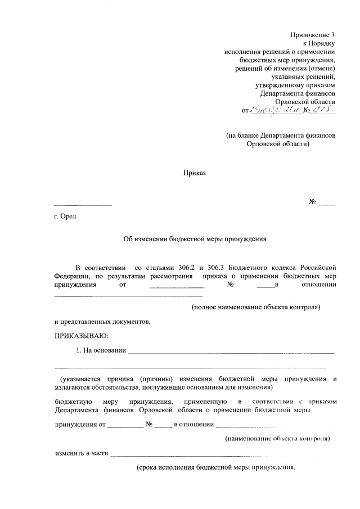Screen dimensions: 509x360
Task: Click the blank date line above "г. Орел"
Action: pos(83,204)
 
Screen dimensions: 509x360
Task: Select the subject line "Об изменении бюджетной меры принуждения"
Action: pos(194,238)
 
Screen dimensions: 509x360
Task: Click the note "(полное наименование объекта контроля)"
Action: pos(255,307)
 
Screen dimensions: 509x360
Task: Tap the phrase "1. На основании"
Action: pos(100,351)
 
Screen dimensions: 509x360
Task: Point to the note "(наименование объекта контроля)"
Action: pos(277,438)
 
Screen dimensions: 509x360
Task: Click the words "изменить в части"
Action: pos(82,453)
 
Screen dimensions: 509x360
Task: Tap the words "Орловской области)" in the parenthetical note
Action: pos(278,144)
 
